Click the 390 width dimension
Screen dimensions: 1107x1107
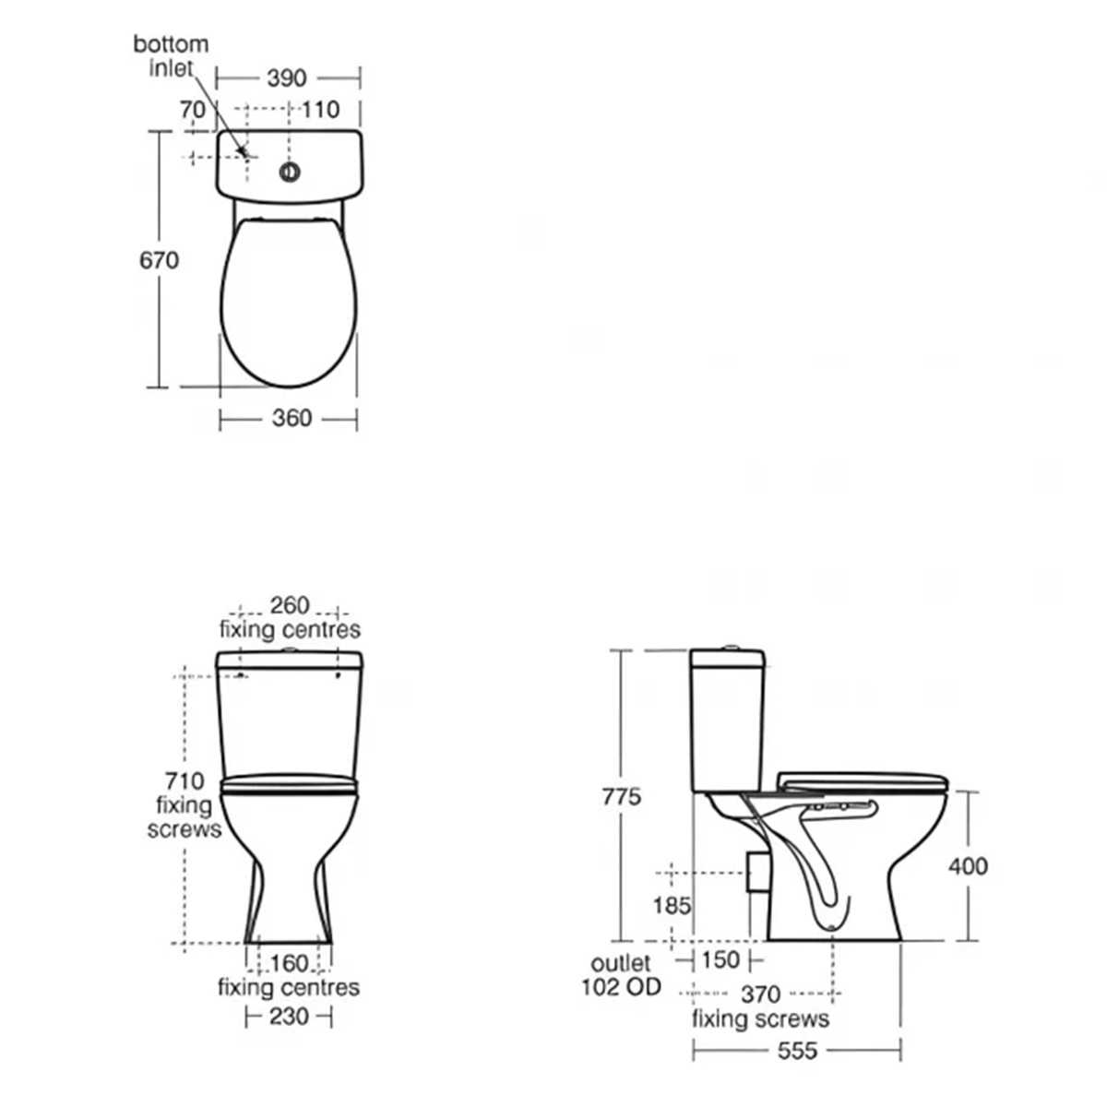[x=287, y=77]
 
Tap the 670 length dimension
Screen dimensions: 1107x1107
[x=159, y=260]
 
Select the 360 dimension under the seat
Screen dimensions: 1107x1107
[x=292, y=418]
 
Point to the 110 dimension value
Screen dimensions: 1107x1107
[x=320, y=109]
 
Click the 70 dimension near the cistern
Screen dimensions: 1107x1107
[x=193, y=109]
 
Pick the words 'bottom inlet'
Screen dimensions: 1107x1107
[x=172, y=55]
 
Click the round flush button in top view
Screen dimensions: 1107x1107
[x=290, y=172]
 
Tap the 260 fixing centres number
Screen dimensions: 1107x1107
[x=290, y=605]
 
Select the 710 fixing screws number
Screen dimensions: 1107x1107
[x=184, y=780]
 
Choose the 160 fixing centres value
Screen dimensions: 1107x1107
[x=289, y=963]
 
